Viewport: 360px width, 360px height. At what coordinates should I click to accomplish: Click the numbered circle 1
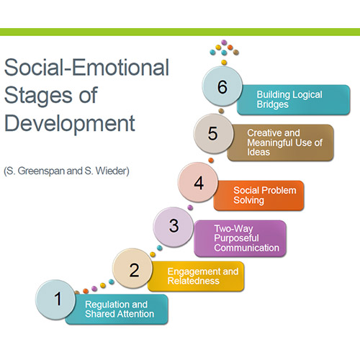pos(55,300)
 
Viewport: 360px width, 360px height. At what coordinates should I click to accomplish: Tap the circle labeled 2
pos(132,269)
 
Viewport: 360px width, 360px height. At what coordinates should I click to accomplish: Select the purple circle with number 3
pos(174,227)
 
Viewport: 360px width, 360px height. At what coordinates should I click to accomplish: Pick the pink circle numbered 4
pos(198,182)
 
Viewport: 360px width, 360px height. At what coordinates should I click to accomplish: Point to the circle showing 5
pos(213,133)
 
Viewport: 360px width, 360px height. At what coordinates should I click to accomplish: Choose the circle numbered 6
pos(222,86)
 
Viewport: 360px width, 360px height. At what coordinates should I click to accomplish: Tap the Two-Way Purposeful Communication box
pos(240,238)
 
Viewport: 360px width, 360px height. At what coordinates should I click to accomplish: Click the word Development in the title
pos(70,123)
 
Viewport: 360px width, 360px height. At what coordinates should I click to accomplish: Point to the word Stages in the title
pos(38,96)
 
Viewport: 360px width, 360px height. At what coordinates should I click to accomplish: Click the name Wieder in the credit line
pos(111,171)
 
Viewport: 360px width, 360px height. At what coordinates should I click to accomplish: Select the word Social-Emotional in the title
pos(86,67)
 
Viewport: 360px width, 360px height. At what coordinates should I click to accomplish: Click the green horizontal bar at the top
pos(180,32)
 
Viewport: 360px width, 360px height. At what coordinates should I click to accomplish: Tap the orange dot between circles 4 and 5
pos(211,161)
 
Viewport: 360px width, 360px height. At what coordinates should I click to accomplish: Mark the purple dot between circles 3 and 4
pos(190,207)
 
